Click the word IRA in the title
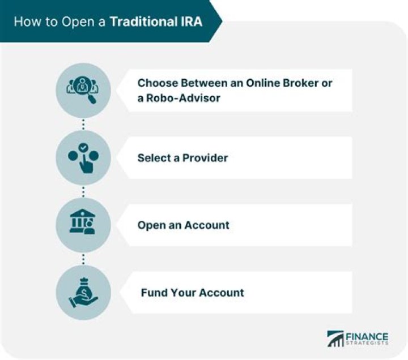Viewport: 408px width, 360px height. [x=190, y=22]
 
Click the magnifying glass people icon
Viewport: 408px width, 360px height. [x=83, y=90]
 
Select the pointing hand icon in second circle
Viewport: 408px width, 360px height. [x=83, y=158]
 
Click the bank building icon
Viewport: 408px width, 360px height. [x=83, y=225]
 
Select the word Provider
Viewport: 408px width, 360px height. [x=205, y=157]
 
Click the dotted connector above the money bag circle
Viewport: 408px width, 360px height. [x=83, y=259]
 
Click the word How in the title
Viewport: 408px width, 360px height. [x=25, y=22]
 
